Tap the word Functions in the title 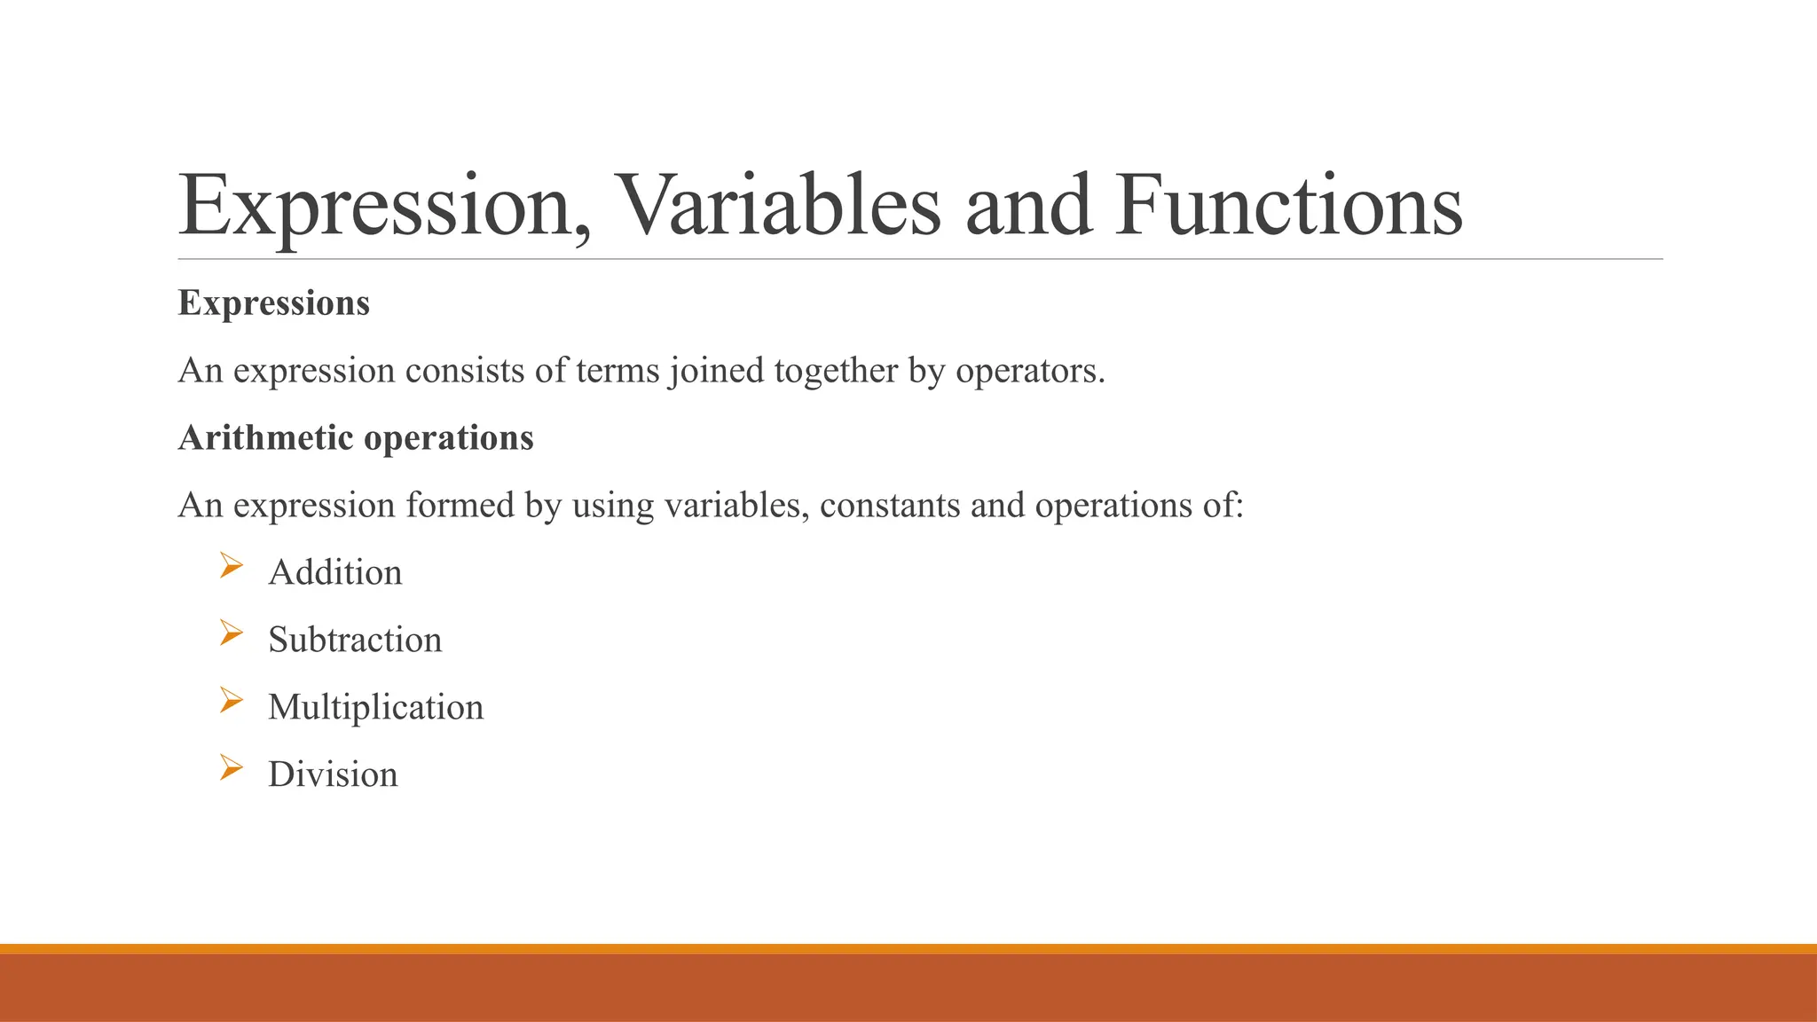point(1289,206)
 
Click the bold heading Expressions point(273,303)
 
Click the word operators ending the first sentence point(1029,371)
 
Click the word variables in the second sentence point(736,506)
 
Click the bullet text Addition point(335,573)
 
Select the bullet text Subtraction point(355,641)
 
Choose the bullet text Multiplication point(375,708)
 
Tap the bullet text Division point(333,775)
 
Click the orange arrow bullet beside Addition point(231,565)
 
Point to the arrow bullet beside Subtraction point(231,633)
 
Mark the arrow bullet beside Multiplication point(231,700)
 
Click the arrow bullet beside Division point(231,767)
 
